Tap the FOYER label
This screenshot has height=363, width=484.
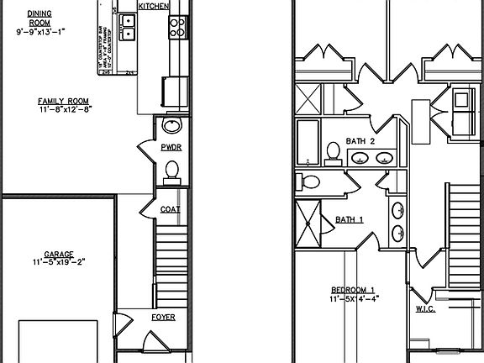pos(163,318)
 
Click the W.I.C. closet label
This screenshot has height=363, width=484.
pos(425,308)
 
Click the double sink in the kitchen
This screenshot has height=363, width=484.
pos(128,28)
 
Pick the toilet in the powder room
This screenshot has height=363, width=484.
pos(171,171)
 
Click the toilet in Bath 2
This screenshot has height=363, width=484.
pos(333,153)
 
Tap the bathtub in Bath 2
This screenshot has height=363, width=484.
pos(308,142)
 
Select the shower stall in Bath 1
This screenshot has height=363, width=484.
pos(309,224)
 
